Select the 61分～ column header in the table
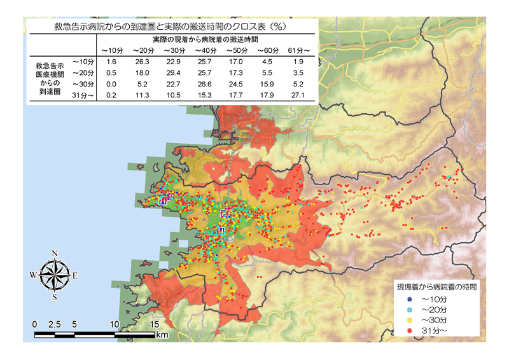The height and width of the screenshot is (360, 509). (298, 50)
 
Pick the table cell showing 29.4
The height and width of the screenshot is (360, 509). (172, 73)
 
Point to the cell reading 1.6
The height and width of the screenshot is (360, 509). (111, 62)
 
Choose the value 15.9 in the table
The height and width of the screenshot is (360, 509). (266, 85)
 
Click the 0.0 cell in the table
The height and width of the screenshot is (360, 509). (111, 85)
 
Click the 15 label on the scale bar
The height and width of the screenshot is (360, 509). (154, 324)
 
